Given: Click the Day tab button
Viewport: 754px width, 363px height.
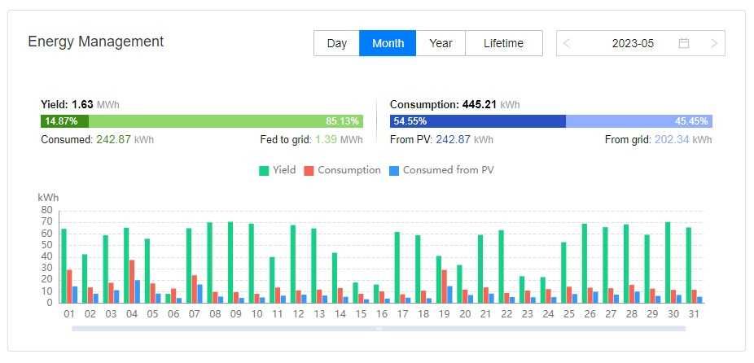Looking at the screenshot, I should click(336, 43).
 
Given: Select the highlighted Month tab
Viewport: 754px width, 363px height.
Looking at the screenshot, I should click(388, 43).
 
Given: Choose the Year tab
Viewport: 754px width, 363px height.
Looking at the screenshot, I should click(441, 43).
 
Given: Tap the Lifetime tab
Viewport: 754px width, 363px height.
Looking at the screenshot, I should click(503, 43).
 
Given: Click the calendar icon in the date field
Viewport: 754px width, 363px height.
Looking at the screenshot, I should click(684, 43).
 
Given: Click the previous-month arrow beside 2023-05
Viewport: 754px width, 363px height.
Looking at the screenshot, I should click(568, 43).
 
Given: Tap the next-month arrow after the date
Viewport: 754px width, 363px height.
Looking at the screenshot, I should click(714, 43).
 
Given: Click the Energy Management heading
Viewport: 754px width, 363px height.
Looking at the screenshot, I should click(96, 42).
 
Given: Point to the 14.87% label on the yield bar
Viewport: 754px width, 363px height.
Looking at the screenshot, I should click(61, 121).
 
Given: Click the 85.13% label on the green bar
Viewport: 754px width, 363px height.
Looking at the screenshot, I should click(342, 121).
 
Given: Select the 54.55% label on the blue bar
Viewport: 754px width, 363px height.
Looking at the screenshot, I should click(410, 121).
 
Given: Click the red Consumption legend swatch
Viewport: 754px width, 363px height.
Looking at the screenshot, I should click(309, 171).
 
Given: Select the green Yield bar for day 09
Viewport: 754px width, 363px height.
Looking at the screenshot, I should click(230, 262).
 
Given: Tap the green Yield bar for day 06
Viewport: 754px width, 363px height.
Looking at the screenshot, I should click(168, 298).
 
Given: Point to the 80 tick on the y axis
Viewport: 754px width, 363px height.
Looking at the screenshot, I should click(47, 210).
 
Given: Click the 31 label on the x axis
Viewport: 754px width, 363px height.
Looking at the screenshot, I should click(695, 313).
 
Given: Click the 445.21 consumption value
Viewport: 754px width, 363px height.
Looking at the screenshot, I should click(480, 104).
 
